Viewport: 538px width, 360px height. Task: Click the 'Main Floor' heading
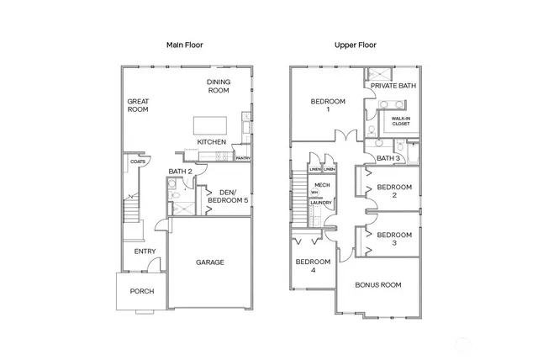pos(184,45)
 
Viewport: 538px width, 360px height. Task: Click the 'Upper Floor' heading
pos(354,45)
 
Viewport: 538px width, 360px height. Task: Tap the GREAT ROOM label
pos(138,105)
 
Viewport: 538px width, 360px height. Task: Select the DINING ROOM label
pos(219,86)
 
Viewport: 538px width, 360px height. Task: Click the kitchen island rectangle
pos(209,124)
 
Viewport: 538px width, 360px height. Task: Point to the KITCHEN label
pos(212,142)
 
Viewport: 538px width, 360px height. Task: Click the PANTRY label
pos(243,157)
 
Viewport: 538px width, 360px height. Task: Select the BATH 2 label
pos(181,172)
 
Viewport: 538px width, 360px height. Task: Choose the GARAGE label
pos(210,262)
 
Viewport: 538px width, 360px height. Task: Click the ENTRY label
pos(145,251)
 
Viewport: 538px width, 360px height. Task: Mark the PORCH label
pos(141,292)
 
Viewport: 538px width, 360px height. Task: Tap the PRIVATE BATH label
pos(393,85)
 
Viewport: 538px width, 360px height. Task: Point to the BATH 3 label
pos(388,158)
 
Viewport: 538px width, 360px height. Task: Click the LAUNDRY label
pos(320,203)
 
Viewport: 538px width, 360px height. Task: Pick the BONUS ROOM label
pos(377,284)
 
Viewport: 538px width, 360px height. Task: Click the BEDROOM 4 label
pos(312,266)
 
